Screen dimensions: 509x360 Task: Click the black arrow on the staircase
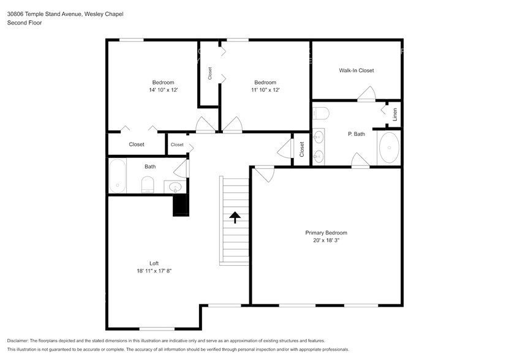(x=235, y=217)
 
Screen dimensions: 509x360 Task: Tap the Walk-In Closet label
(x=356, y=70)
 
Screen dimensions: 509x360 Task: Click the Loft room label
(x=154, y=263)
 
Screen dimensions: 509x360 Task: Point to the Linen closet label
(x=394, y=114)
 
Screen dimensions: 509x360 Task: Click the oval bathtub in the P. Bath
(x=389, y=148)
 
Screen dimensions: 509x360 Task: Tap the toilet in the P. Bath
(x=321, y=113)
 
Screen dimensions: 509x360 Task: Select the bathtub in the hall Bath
(x=117, y=176)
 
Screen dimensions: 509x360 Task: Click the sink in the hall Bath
(x=175, y=187)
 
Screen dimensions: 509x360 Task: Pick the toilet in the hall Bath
(x=148, y=185)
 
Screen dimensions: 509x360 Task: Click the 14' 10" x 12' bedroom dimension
(x=164, y=90)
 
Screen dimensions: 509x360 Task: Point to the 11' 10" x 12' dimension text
(x=265, y=90)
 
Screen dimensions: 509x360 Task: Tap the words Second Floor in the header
(x=25, y=23)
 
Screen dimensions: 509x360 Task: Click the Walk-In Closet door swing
(x=367, y=94)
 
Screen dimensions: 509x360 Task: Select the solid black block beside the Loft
(x=181, y=205)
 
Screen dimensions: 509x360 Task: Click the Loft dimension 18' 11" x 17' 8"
(x=154, y=271)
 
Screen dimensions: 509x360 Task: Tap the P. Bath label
(x=356, y=134)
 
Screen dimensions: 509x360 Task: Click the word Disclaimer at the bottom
(x=18, y=341)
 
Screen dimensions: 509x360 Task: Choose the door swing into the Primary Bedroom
(x=265, y=174)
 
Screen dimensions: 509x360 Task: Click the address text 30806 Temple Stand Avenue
(x=45, y=14)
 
